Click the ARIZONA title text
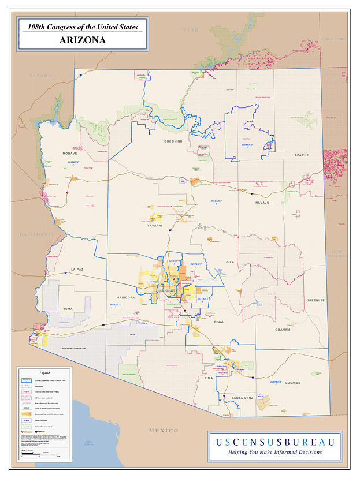click(x=82, y=40)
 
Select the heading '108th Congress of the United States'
click(x=81, y=26)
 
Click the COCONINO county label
click(x=173, y=141)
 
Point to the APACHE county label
click(x=302, y=155)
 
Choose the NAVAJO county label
click(x=263, y=203)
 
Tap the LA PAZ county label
click(x=77, y=270)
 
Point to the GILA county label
click(x=230, y=262)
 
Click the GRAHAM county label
click(x=283, y=330)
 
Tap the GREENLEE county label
click(x=316, y=300)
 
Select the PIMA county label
click(x=209, y=379)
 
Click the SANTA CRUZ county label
click(x=242, y=398)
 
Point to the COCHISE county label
click(x=292, y=383)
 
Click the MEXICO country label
click(x=164, y=431)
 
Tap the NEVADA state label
click(x=40, y=75)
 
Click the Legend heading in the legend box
click(x=44, y=374)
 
